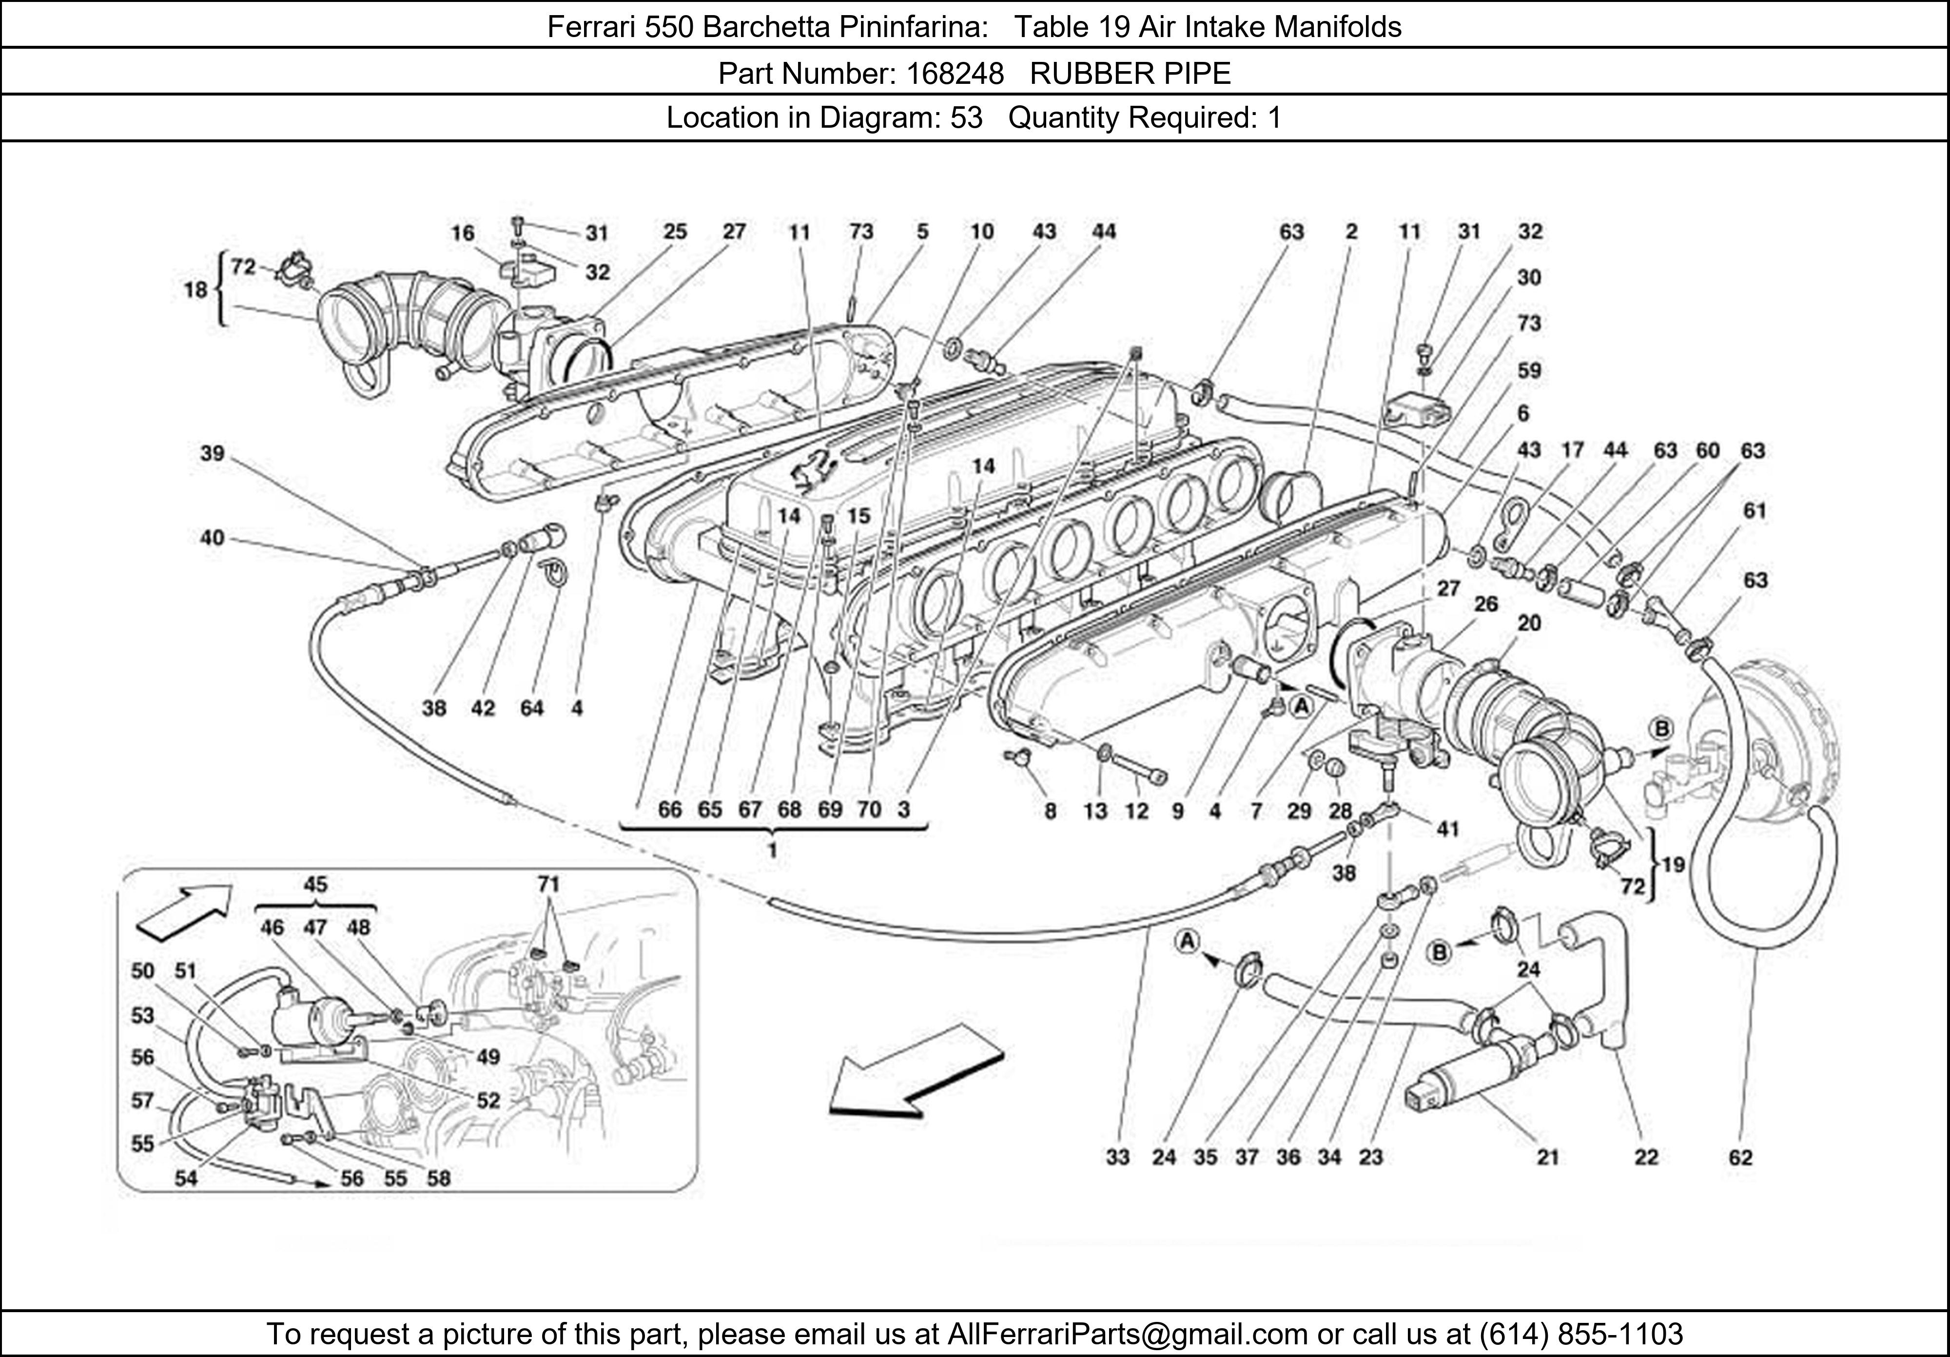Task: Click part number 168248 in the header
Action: tap(955, 74)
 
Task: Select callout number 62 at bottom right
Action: tap(1740, 1158)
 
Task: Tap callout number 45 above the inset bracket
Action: tap(315, 885)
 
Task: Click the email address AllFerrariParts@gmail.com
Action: tap(1127, 1334)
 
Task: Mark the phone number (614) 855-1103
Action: tap(1580, 1334)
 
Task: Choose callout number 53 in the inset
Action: tap(143, 1016)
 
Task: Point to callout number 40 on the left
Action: tap(213, 538)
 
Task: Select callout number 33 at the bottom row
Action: tap(1118, 1158)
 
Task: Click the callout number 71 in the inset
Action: tap(548, 885)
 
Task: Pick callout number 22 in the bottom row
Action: tap(1646, 1158)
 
